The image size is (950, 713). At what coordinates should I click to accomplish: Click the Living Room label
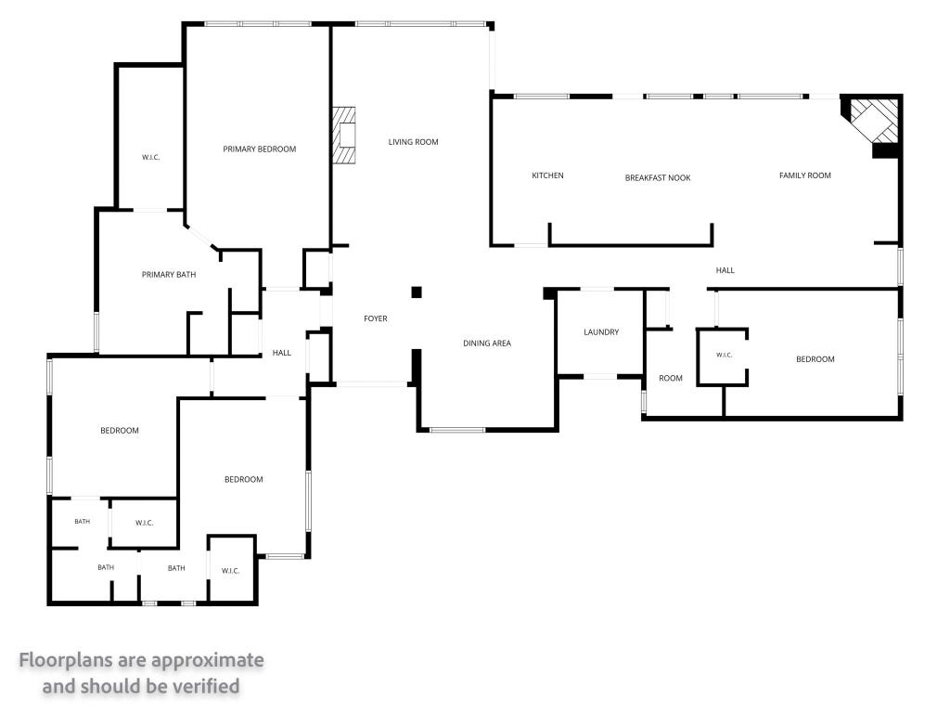pyautogui.click(x=413, y=142)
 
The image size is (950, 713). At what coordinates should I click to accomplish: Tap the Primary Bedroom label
pyautogui.click(x=260, y=149)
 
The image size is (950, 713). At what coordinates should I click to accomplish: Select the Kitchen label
pyautogui.click(x=547, y=175)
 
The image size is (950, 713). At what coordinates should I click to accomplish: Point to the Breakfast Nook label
pyautogui.click(x=658, y=178)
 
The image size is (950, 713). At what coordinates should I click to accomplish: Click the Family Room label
pyautogui.click(x=805, y=175)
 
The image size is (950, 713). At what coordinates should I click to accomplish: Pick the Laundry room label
pyautogui.click(x=601, y=332)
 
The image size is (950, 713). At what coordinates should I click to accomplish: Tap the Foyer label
pyautogui.click(x=376, y=319)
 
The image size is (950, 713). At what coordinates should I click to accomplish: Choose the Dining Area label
pyautogui.click(x=487, y=344)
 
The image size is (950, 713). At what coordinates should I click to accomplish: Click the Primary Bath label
pyautogui.click(x=169, y=275)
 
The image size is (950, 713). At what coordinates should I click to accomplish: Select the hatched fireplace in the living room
pyautogui.click(x=343, y=136)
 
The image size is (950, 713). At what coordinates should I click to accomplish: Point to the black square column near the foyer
pyautogui.click(x=417, y=292)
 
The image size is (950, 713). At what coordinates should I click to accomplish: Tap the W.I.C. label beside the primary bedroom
pyautogui.click(x=151, y=158)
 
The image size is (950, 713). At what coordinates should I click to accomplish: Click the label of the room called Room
pyautogui.click(x=671, y=379)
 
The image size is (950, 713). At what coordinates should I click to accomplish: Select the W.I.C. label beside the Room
pyautogui.click(x=725, y=356)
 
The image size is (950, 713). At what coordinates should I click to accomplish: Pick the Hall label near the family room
pyautogui.click(x=725, y=270)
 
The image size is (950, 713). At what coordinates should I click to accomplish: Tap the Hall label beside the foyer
pyautogui.click(x=282, y=353)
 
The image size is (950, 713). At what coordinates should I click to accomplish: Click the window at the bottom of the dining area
pyautogui.click(x=457, y=431)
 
